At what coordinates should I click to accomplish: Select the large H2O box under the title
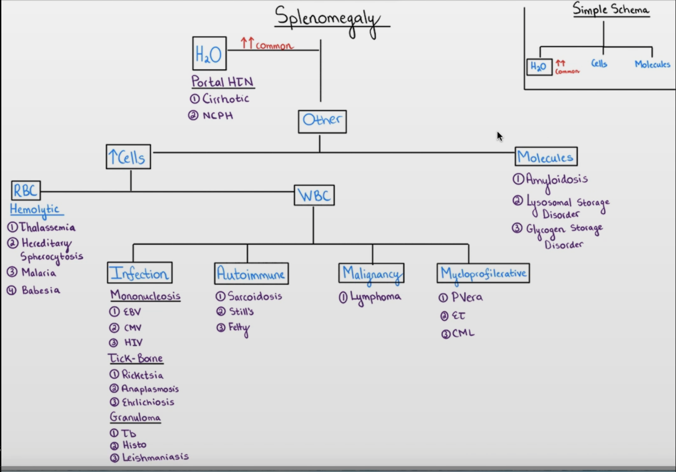(209, 54)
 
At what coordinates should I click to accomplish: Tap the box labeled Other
(322, 121)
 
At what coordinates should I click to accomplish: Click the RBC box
(26, 191)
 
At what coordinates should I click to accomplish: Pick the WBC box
(314, 195)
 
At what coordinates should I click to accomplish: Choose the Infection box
(139, 273)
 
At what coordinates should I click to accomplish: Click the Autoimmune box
(251, 274)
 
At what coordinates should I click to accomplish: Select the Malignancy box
(371, 274)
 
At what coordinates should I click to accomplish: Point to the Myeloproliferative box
(483, 274)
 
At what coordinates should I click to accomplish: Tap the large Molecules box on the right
(546, 157)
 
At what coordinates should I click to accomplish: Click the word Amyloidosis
(556, 180)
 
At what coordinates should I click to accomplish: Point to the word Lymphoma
(375, 298)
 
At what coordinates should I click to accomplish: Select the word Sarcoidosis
(255, 297)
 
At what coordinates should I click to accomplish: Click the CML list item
(463, 333)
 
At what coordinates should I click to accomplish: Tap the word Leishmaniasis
(155, 457)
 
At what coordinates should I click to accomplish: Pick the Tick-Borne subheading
(136, 359)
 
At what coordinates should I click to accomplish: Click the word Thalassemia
(47, 228)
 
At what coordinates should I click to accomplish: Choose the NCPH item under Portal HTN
(217, 116)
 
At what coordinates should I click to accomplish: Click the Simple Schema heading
(611, 10)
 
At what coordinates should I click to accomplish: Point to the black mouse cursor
(499, 136)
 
